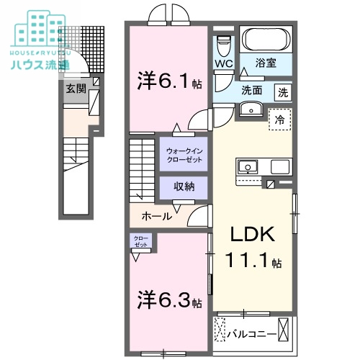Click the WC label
(x=223, y=64)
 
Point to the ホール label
(x=156, y=215)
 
